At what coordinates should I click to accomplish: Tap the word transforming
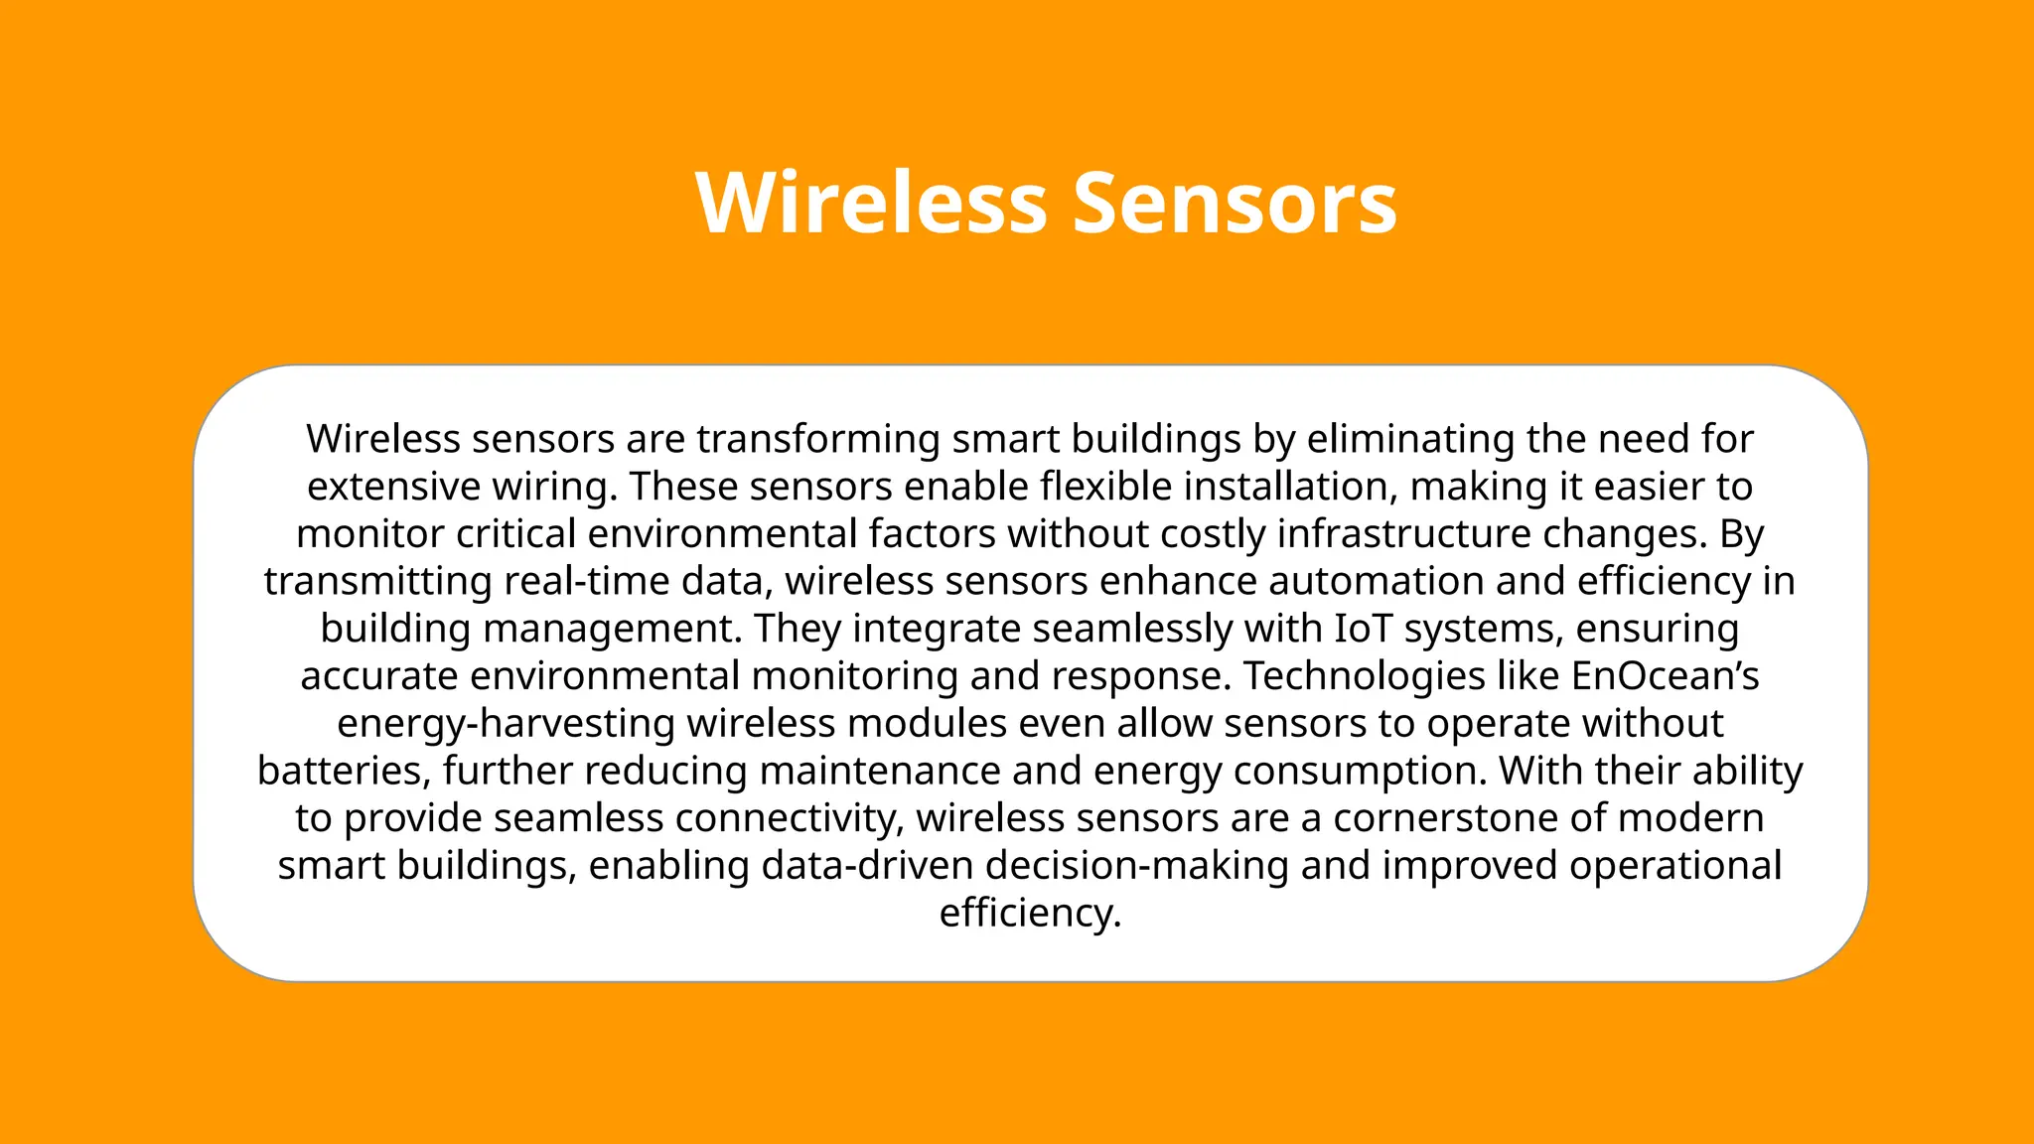817,439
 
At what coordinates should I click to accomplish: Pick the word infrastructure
1403,534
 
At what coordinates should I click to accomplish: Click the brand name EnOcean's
1665,676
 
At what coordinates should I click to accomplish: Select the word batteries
343,771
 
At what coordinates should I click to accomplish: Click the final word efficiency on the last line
1028,913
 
